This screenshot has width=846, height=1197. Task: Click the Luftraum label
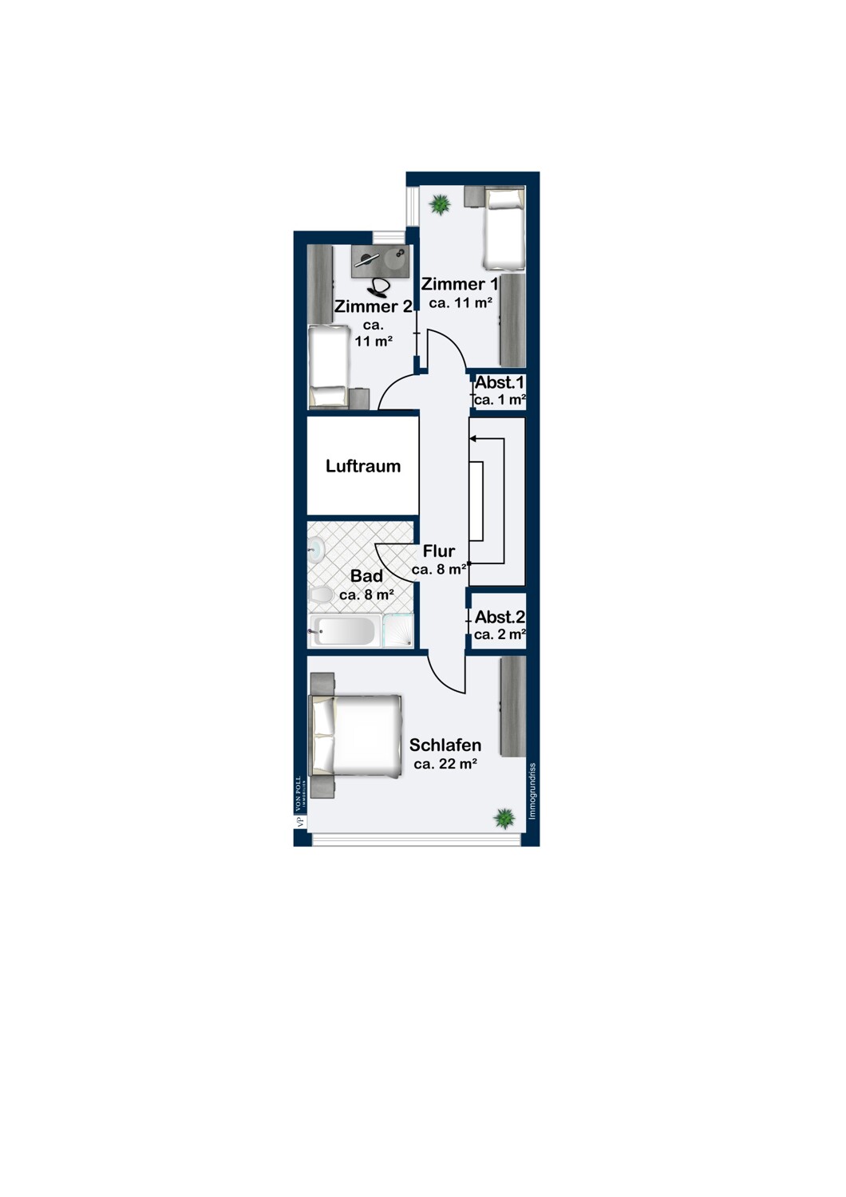point(363,466)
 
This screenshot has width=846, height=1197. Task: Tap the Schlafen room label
point(445,745)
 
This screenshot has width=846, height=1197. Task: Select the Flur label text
point(439,551)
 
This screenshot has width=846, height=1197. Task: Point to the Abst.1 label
point(500,383)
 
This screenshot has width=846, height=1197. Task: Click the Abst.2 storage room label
point(500,617)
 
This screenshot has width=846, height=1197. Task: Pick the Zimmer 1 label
point(460,284)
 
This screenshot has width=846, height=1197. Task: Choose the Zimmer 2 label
point(373,306)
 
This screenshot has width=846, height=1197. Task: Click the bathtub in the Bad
point(345,631)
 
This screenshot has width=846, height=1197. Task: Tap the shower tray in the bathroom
point(398,630)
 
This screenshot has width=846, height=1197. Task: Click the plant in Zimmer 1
point(440,204)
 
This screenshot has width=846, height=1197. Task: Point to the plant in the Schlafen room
point(504,818)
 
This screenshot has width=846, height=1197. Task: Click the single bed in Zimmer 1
point(504,227)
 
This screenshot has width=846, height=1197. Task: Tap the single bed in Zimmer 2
point(326,366)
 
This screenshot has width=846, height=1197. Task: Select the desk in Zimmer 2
point(380,261)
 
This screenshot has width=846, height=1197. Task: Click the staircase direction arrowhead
point(473,438)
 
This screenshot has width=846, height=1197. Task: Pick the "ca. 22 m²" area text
point(445,764)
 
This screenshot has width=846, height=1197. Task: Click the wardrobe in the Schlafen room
point(512,706)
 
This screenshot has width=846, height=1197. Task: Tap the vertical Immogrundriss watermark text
point(532,791)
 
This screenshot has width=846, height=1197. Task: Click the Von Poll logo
point(300,803)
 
